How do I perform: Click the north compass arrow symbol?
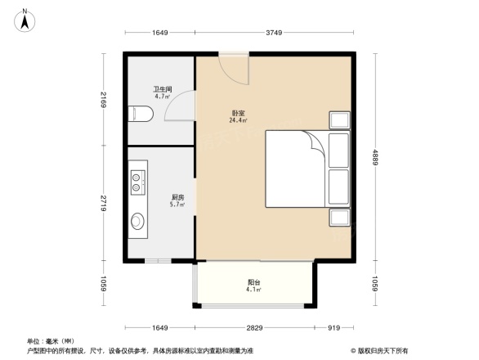25,18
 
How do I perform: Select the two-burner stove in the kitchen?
136,180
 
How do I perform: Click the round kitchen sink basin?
137,221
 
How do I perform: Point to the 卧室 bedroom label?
238,117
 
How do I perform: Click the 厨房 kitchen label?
177,200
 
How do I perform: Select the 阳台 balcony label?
254,287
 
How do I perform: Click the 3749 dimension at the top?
273,34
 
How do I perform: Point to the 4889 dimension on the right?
374,156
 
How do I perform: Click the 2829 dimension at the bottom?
254,327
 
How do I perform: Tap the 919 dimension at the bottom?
334,327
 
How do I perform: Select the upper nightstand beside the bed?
338,120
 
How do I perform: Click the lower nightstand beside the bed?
338,217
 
